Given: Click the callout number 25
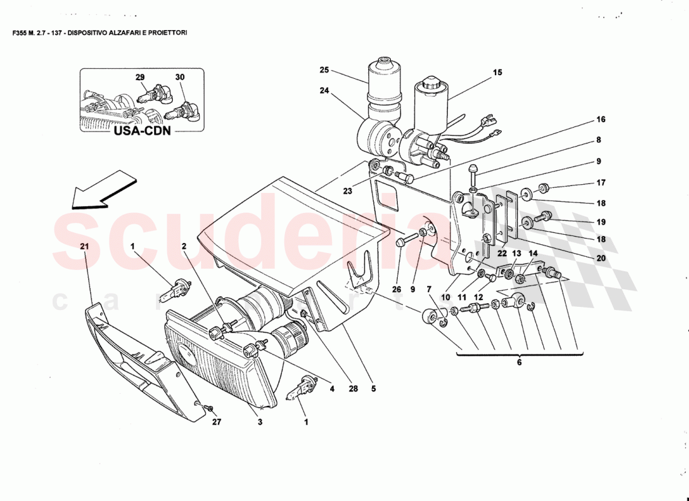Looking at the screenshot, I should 324,70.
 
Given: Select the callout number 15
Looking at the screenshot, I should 497,73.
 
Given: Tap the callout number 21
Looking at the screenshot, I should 85,247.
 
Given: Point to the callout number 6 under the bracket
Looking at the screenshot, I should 519,362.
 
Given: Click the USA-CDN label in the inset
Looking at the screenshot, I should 143,132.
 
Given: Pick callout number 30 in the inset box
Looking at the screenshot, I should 180,77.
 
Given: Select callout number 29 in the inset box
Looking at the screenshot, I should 140,77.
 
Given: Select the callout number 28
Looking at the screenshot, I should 353,389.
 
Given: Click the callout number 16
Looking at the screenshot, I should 600,119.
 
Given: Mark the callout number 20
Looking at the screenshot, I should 600,258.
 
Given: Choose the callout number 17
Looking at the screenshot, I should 600,184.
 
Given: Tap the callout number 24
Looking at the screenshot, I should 324,90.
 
